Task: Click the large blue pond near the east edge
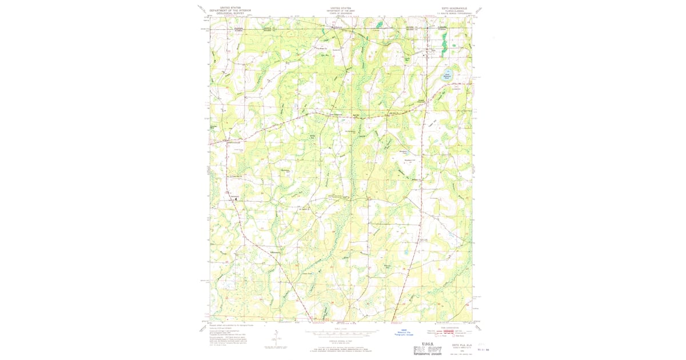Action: (449, 74)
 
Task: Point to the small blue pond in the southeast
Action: (405, 251)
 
